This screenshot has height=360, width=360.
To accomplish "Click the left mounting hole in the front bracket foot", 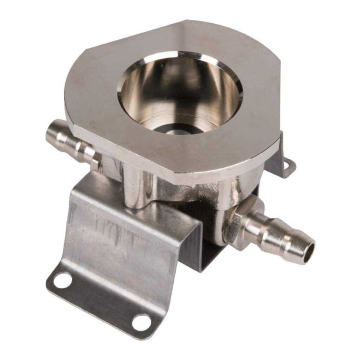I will coord(63,281).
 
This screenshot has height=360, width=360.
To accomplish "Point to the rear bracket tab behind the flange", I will coord(281,158).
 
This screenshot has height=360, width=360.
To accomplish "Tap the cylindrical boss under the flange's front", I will coord(137,186).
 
